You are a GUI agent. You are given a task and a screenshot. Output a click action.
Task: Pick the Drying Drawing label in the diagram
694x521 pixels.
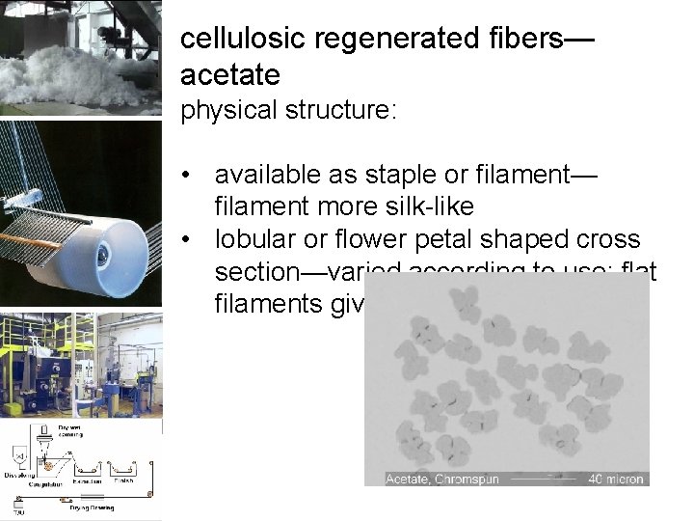coord(91,507)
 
